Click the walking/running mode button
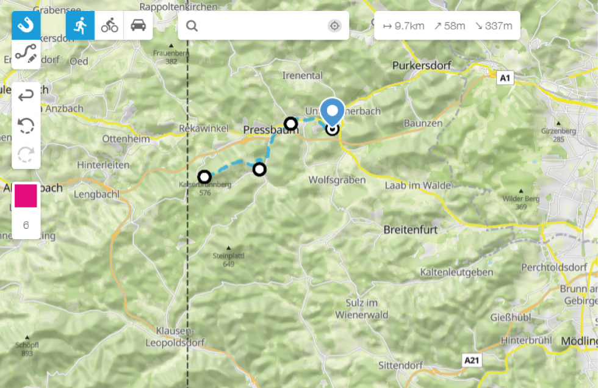pos(80,26)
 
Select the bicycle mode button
pos(109,26)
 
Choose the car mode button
pos(138,26)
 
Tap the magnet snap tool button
pos(26,26)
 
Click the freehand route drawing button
pos(26,54)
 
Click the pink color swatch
pos(26,196)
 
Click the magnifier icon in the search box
pos(192,26)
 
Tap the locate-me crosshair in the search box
pos(334,26)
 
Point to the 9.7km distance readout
pos(403,26)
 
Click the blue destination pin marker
pos(332,112)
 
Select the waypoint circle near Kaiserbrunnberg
pos(204,177)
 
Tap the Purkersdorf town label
pos(420,65)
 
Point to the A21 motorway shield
pos(472,361)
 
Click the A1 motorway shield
pos(505,77)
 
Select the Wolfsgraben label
pos(337,180)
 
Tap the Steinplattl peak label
pos(229,256)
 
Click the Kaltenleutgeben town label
pos(456,271)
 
